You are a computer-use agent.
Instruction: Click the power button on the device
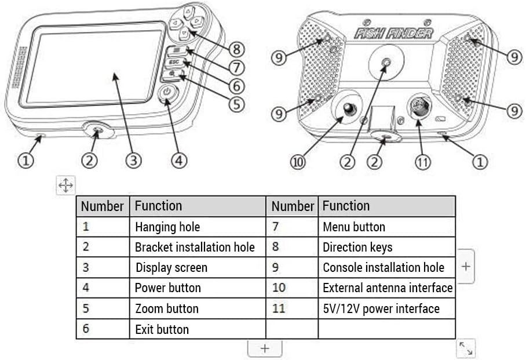click(x=167, y=92)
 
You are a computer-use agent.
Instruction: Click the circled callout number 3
click(x=134, y=160)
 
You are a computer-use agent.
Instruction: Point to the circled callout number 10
click(x=299, y=162)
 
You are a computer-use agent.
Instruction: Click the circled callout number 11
click(x=423, y=162)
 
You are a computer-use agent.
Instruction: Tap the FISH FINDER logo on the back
click(x=393, y=32)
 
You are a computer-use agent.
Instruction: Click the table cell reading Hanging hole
click(x=167, y=227)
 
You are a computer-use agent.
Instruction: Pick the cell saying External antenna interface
click(x=387, y=288)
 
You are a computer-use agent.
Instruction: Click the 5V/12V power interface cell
click(x=381, y=308)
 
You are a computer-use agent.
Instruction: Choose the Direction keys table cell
click(x=357, y=247)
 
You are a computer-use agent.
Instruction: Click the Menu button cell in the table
click(x=353, y=227)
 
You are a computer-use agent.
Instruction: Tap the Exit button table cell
click(x=162, y=329)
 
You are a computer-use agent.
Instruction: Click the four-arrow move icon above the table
click(x=65, y=186)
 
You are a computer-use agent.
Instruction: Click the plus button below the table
click(x=265, y=348)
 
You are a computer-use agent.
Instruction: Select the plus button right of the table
click(x=466, y=266)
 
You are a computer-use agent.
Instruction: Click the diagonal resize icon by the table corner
click(x=466, y=348)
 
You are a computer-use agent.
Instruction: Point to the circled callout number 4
click(x=180, y=161)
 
